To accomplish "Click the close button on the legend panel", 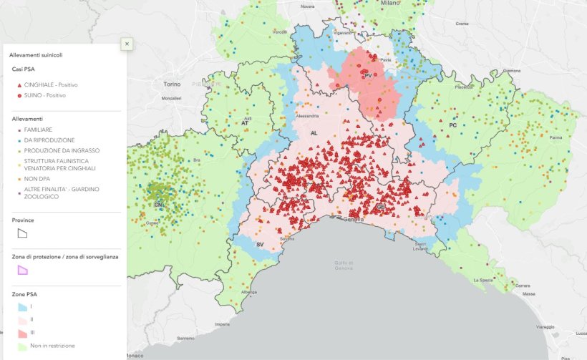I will (x=127, y=44).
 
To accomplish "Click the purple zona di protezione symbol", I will (x=23, y=269).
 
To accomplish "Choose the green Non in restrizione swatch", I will (x=23, y=346).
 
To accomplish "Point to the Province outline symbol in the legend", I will (x=23, y=233).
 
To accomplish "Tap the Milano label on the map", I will (x=390, y=3).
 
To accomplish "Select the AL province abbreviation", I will (x=314, y=133).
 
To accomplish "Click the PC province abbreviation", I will (x=452, y=125).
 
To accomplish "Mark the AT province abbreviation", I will (x=243, y=122).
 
